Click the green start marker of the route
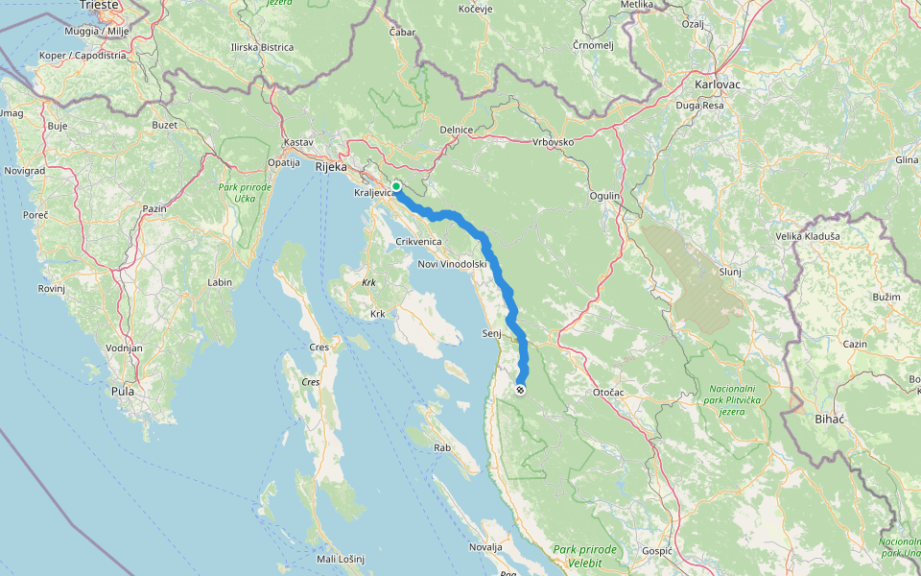click(396, 186)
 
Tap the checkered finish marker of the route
click(520, 390)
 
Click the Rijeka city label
click(330, 167)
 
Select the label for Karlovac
click(719, 84)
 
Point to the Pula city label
click(123, 391)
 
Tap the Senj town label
click(493, 333)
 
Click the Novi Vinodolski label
click(453, 264)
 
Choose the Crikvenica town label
click(418, 242)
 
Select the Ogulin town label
click(605, 196)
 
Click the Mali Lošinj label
click(342, 559)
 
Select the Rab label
click(441, 446)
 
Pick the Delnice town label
click(456, 130)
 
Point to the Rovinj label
click(51, 288)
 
